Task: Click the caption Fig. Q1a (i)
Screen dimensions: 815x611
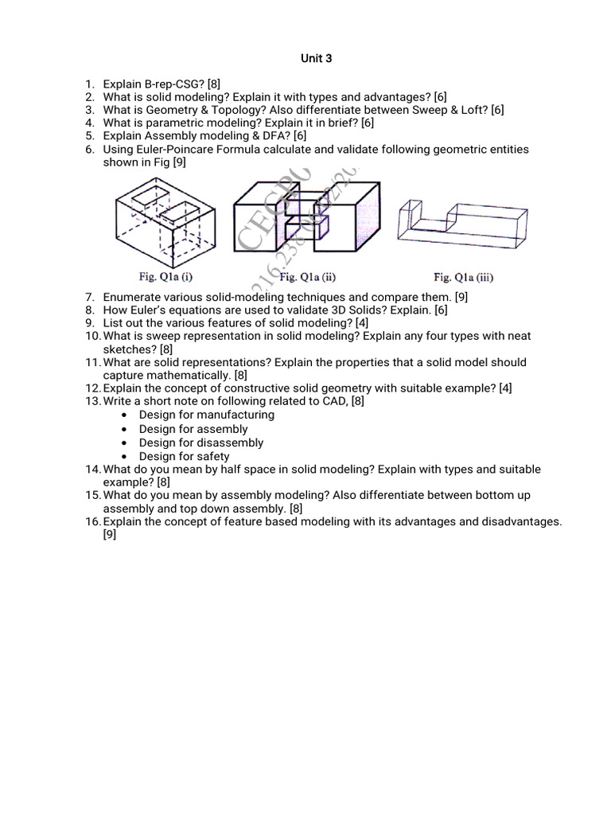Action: pos(166,278)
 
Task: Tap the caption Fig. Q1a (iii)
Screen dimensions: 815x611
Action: pos(463,278)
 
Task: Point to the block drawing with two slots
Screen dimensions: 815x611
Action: pos(166,223)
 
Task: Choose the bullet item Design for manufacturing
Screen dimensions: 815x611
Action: pos(206,415)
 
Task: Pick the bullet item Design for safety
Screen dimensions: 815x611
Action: pos(184,456)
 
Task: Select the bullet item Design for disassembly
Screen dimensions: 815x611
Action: pos(201,443)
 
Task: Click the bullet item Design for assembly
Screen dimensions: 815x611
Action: pos(193,429)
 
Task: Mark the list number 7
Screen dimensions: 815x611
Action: pos(90,297)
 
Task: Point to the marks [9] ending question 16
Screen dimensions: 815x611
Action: pos(110,535)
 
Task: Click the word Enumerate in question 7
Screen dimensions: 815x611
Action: pos(130,297)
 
